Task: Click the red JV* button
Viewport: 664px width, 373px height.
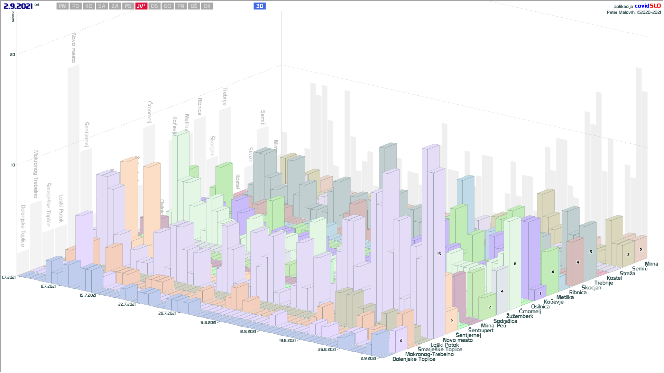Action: (x=141, y=6)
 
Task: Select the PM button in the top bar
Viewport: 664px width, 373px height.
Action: (x=63, y=6)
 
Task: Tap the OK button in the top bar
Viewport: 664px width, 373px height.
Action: (x=207, y=6)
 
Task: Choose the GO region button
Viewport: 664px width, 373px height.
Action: (x=168, y=6)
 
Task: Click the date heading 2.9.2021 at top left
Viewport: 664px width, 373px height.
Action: (x=18, y=6)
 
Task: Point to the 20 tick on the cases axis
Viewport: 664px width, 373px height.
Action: (x=12, y=55)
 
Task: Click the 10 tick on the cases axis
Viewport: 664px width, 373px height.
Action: (x=13, y=165)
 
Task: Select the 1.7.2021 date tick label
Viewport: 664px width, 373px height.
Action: (x=9, y=277)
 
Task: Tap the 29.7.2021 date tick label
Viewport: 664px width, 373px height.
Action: (x=167, y=313)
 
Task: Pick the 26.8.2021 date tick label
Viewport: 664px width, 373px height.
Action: (x=327, y=350)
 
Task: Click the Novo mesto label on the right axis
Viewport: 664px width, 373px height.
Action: (x=458, y=340)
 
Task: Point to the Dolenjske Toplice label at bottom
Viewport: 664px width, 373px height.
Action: (x=414, y=359)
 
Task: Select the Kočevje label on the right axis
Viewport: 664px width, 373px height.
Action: (x=553, y=302)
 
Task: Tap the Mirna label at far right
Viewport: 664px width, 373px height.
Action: (x=651, y=264)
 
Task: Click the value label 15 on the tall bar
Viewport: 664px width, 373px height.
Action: (x=439, y=254)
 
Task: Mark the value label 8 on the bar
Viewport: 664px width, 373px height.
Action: (x=515, y=264)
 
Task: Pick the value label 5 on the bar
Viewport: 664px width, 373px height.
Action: (x=591, y=252)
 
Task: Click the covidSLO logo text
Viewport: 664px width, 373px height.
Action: (x=647, y=6)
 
